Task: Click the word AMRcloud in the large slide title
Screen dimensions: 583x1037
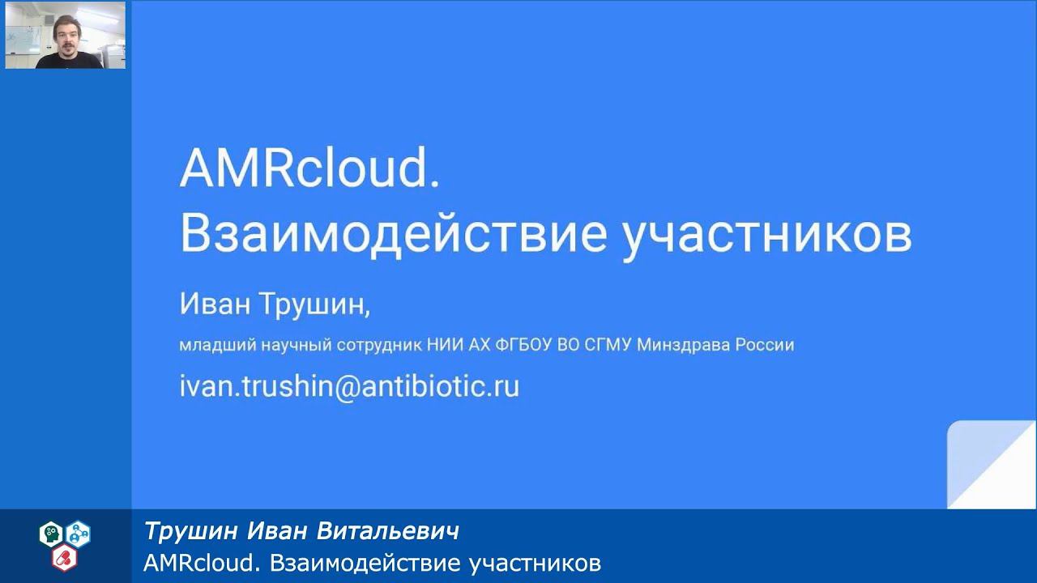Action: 309,170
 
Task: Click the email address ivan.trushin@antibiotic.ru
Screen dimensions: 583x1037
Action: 349,386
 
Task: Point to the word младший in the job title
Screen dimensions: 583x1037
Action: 216,346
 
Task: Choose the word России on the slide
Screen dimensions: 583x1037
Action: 765,345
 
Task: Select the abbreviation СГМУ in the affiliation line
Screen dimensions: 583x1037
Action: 608,345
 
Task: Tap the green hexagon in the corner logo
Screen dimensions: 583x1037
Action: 50,533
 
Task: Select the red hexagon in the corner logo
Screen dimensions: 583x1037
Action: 64,557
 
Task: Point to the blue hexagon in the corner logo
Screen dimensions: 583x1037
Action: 79,533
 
